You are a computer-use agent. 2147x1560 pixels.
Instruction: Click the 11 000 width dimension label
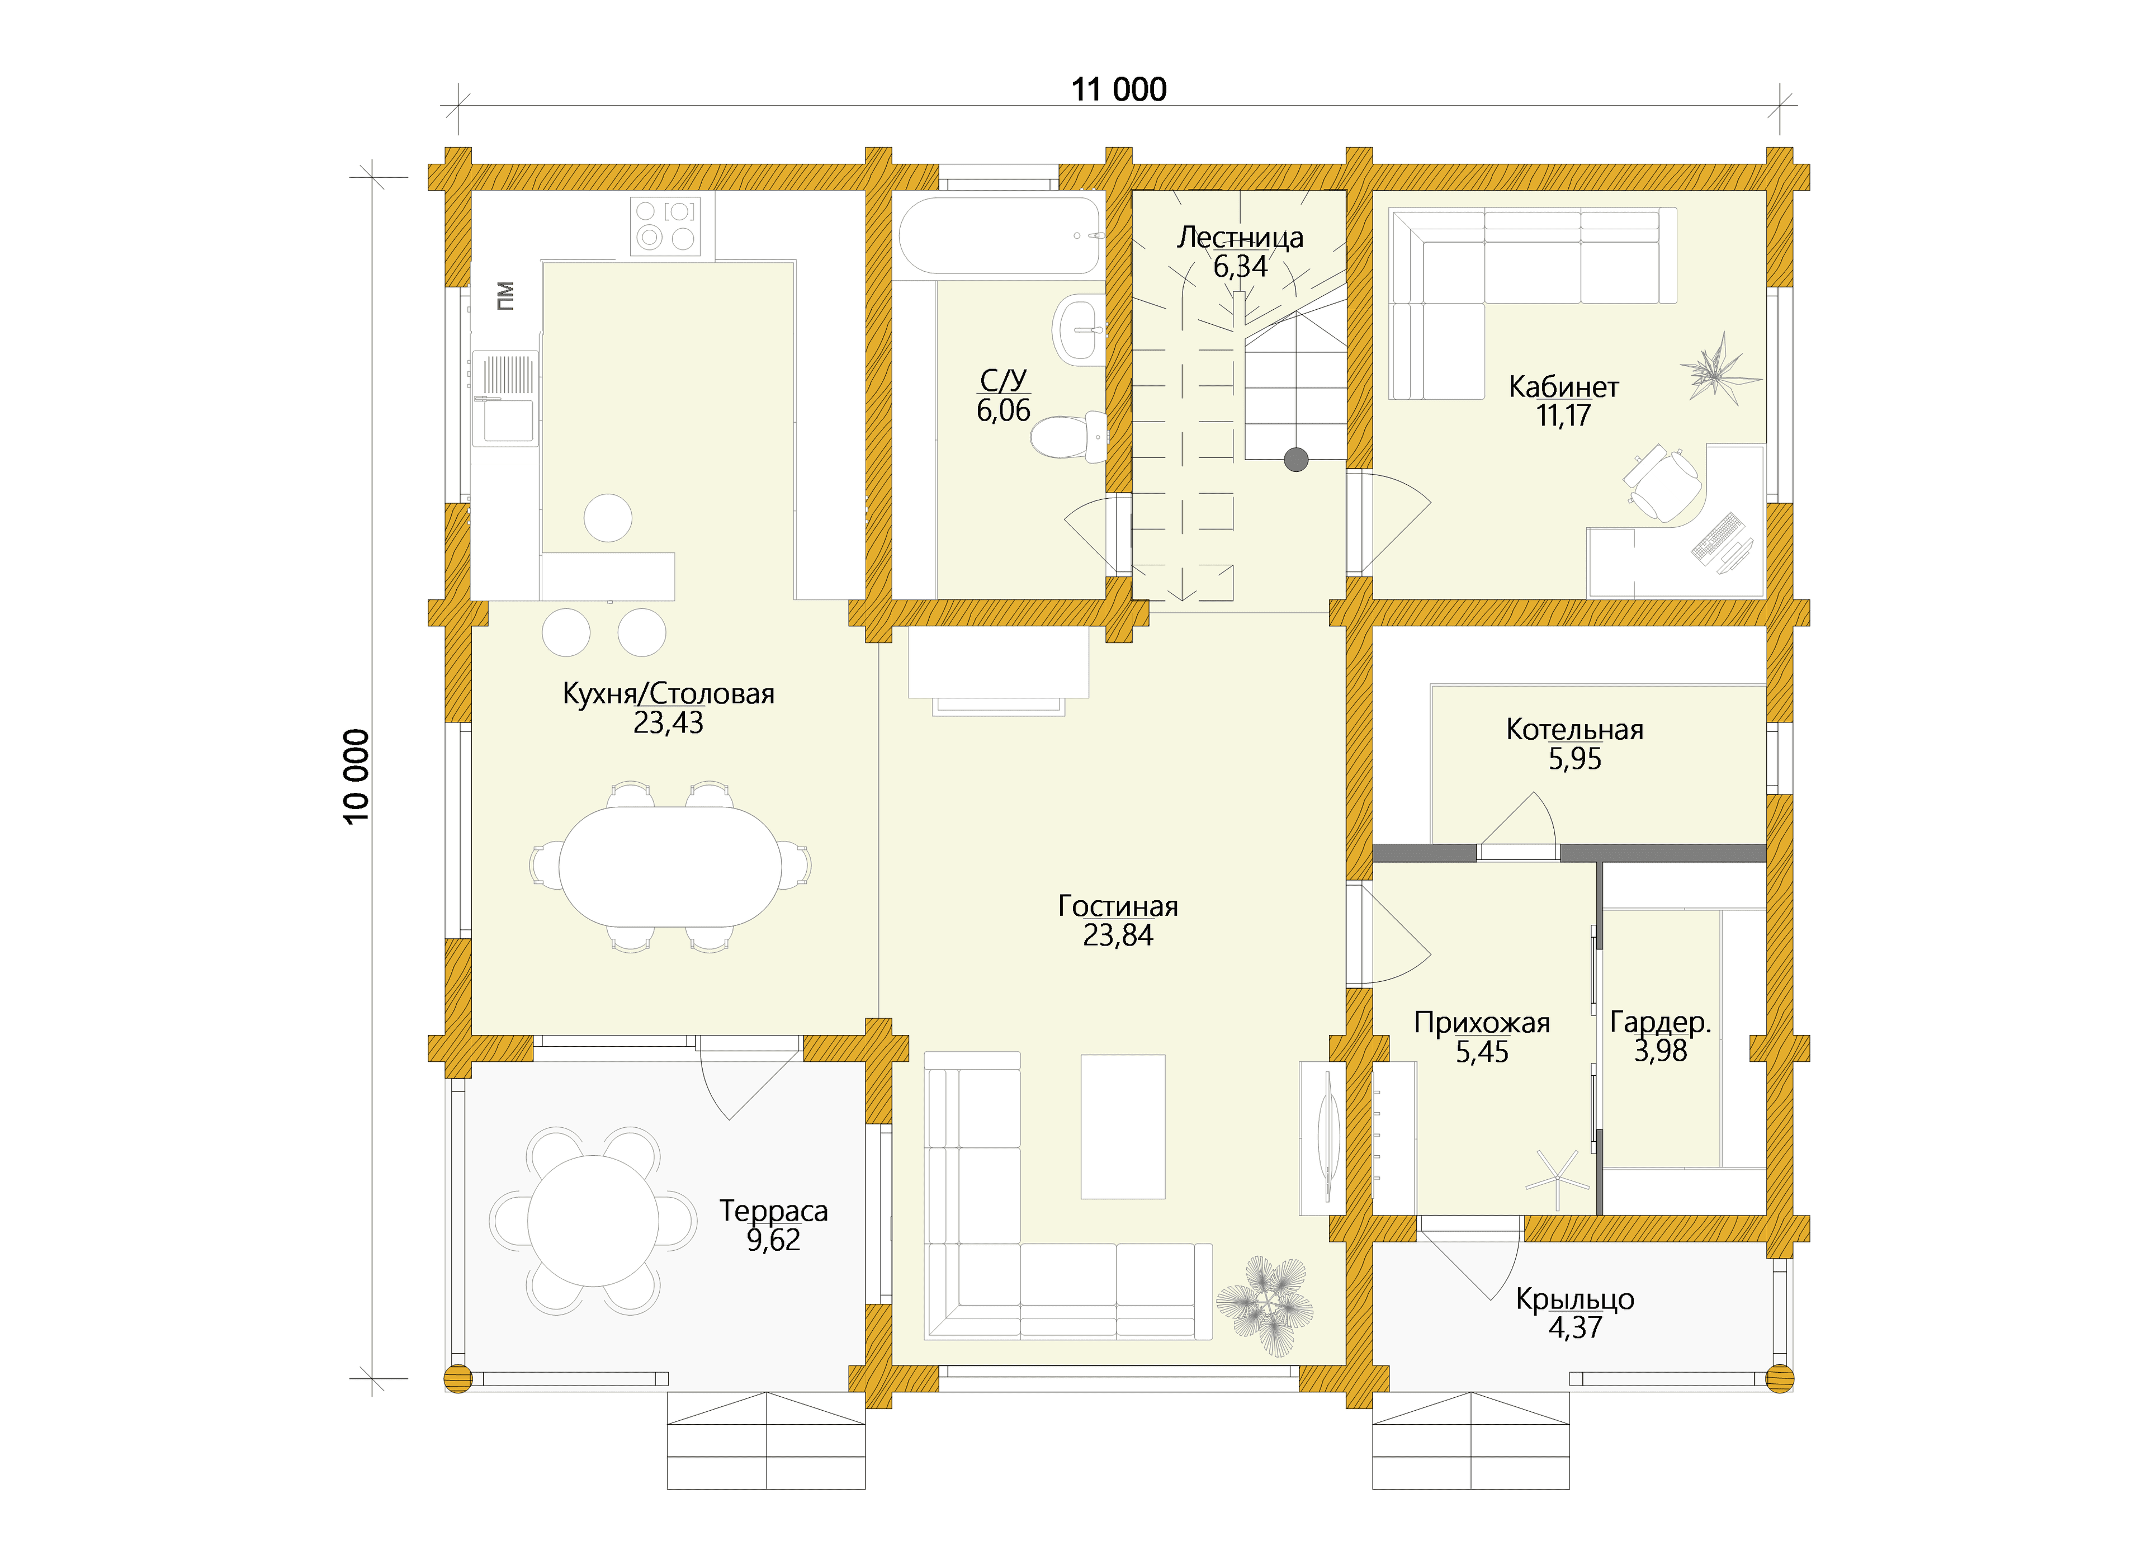click(x=1118, y=90)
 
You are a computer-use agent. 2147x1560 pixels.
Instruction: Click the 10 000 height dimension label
click(x=357, y=776)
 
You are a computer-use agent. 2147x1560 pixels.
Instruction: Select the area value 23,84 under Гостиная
click(x=1118, y=935)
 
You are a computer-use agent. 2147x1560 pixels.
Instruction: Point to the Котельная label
click(x=1574, y=730)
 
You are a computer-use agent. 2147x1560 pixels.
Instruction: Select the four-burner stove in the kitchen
click(x=665, y=225)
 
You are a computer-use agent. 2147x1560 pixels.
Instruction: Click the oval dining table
click(x=670, y=866)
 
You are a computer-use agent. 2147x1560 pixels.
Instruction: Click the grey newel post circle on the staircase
click(x=1296, y=460)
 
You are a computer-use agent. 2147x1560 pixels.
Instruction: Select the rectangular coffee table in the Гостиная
click(x=1123, y=1127)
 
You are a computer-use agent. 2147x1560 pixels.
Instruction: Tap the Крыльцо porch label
click(x=1574, y=1299)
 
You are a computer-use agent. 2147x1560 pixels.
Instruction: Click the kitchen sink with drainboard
click(x=505, y=398)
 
